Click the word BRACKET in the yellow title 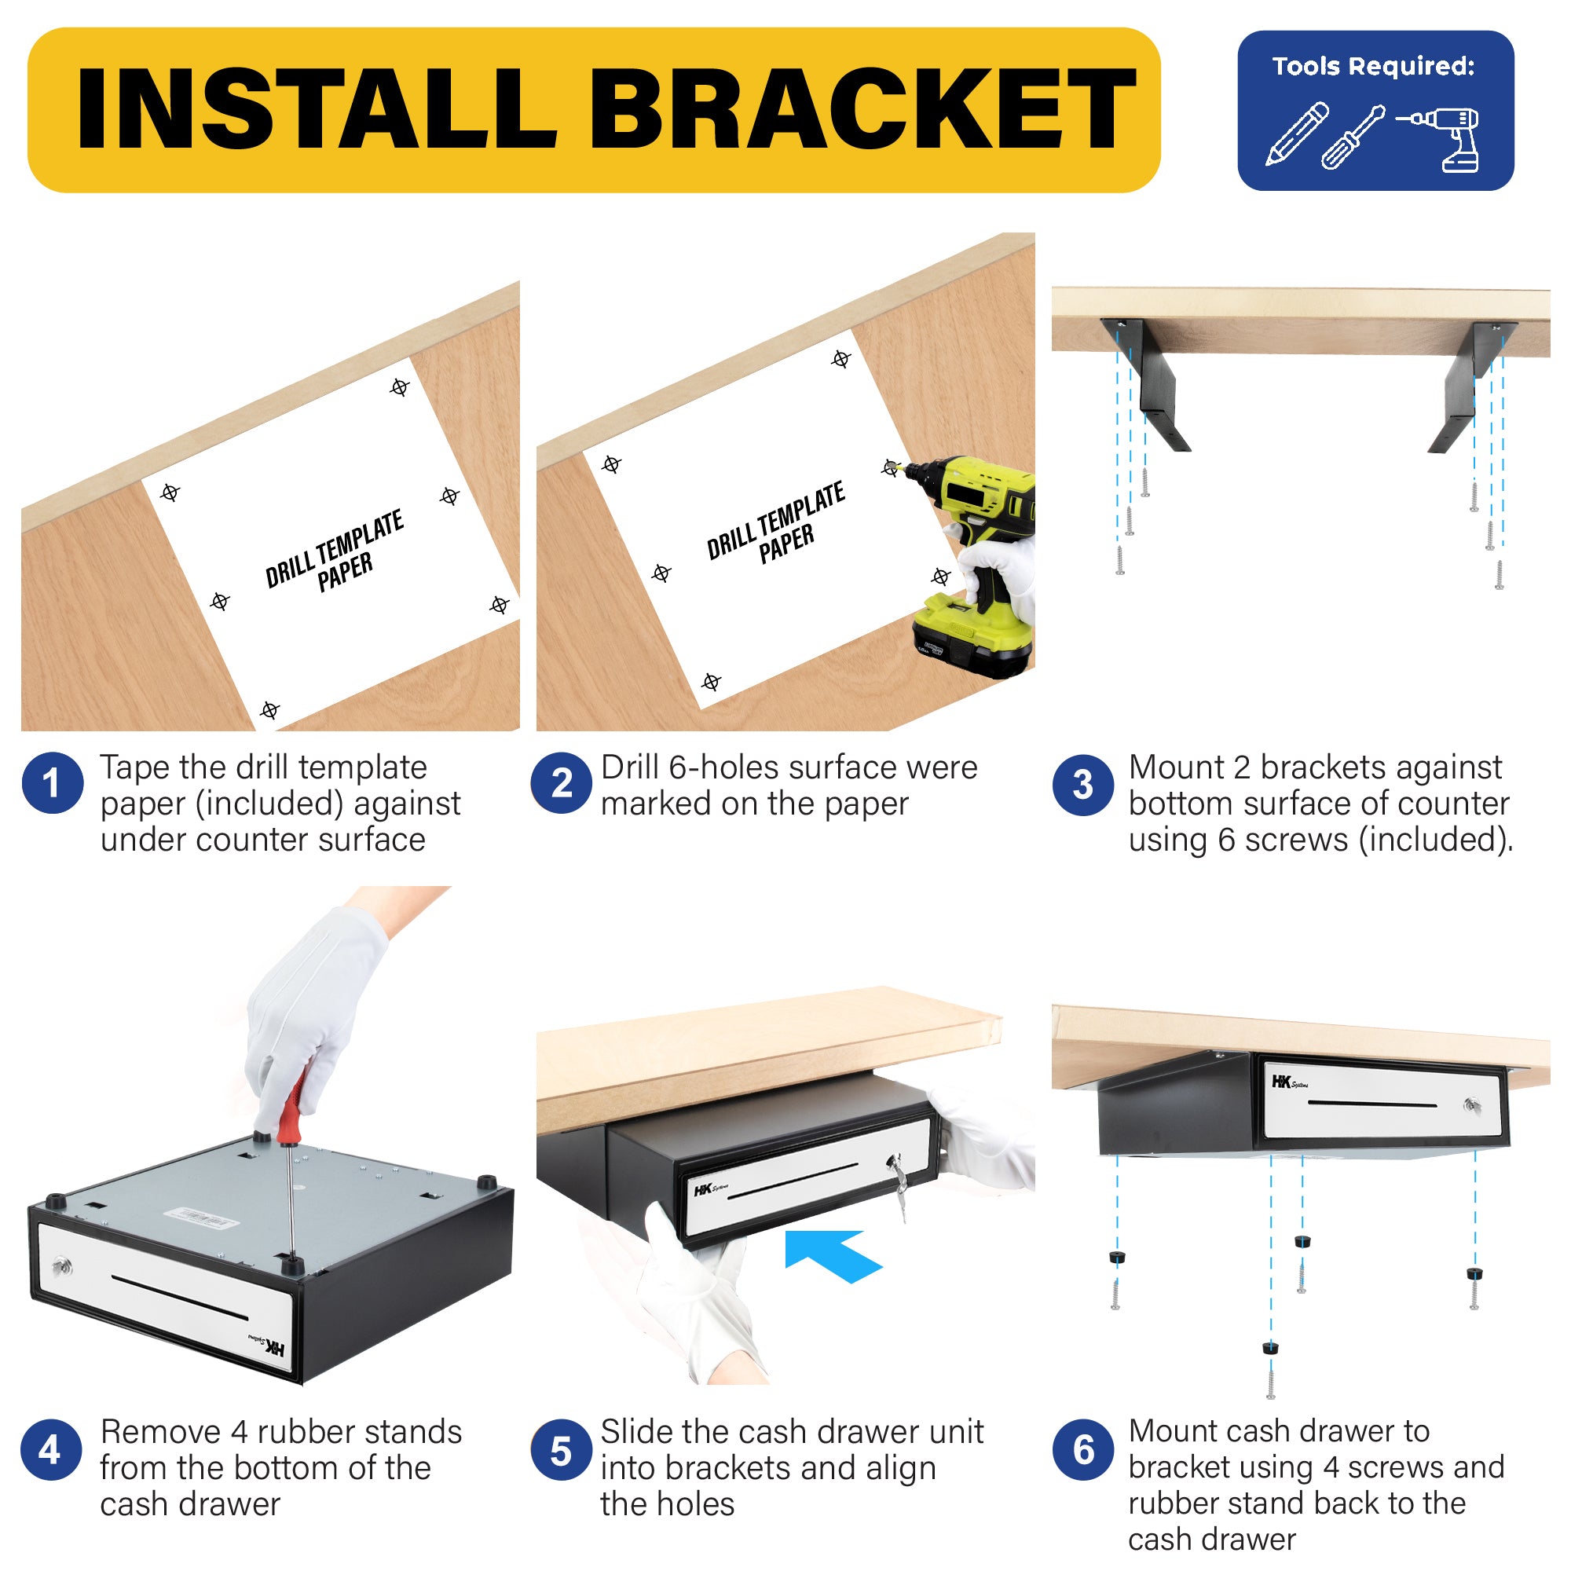pos(862,109)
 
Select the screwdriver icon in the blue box pos(1353,137)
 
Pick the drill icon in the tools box pos(1439,139)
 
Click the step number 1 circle pos(52,783)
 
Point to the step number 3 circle pos(1083,785)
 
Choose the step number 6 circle pos(1083,1449)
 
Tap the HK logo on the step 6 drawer pos(1290,1082)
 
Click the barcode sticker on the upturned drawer pos(201,1218)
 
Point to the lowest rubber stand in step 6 pos(1271,1348)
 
